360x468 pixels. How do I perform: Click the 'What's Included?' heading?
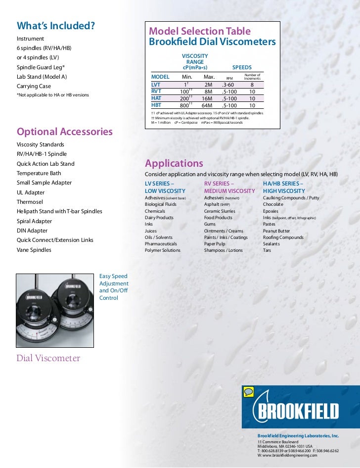(x=56, y=26)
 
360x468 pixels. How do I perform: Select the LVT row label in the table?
(x=156, y=85)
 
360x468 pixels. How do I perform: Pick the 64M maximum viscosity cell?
(x=207, y=105)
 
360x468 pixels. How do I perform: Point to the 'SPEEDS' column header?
(x=242, y=67)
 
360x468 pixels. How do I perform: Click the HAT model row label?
(x=157, y=98)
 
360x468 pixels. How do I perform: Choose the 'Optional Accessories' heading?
(x=65, y=132)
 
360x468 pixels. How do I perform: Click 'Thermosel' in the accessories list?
(x=30, y=202)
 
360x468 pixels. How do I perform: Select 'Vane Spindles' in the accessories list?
(x=34, y=250)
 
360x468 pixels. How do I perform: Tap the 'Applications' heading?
(x=174, y=163)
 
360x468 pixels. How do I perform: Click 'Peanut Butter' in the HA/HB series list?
(x=276, y=231)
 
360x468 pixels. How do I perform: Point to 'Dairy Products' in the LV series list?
(x=159, y=218)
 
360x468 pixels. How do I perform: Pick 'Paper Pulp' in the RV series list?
(x=216, y=244)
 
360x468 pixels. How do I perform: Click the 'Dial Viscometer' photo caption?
(x=48, y=358)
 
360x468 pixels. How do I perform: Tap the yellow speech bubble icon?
(x=249, y=392)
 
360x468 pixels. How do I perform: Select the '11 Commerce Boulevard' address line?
(x=278, y=441)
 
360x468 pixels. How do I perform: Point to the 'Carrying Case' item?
(x=34, y=86)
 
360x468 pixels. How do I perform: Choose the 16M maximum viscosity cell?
(x=207, y=98)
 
